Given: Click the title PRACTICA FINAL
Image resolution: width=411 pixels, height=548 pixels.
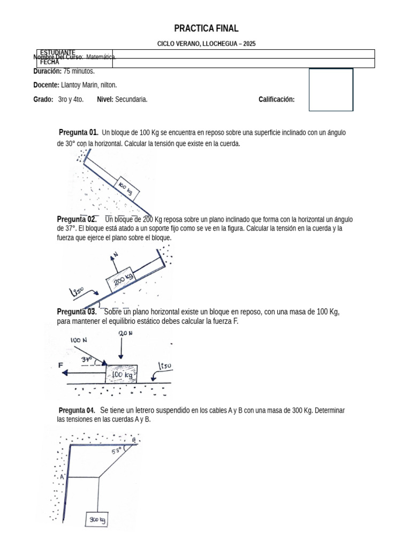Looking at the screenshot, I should [x=206, y=28].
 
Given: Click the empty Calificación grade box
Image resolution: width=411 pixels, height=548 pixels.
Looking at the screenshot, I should [x=331, y=90].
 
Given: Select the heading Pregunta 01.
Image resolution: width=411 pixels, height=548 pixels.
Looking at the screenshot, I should [x=78, y=132].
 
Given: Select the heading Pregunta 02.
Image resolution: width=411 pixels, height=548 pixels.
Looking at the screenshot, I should [x=77, y=219].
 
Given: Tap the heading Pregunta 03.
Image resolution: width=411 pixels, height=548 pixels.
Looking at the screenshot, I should [x=77, y=311].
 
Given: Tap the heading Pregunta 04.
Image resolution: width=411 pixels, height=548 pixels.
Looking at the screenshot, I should [x=77, y=410].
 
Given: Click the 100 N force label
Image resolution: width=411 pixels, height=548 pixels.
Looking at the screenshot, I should [x=79, y=340].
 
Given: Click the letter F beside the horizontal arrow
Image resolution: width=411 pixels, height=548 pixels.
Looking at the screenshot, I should [x=61, y=365].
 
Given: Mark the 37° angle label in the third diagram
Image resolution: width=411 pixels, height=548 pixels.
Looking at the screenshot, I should [x=87, y=360].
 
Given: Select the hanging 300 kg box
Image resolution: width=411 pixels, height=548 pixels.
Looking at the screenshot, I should [x=97, y=519].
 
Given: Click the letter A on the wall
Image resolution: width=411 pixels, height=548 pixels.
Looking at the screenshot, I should [x=62, y=476].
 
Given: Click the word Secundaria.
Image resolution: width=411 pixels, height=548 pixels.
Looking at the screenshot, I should [x=131, y=100].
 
